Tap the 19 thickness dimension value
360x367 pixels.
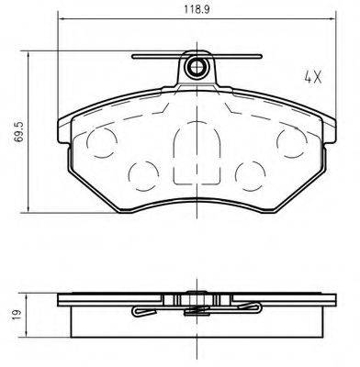12,315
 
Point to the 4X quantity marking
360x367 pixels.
311,76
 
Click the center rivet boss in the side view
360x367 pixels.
194,297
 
